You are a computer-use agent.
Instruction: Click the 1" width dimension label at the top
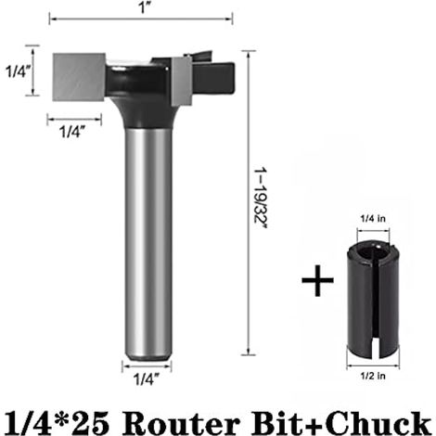[144, 7]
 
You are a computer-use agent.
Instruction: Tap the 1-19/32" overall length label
[261, 198]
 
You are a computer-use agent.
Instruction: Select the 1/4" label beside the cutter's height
[18, 71]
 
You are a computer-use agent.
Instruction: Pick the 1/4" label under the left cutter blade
[71, 132]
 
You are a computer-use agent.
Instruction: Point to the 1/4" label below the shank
[147, 378]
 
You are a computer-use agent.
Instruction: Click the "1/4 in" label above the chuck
[373, 219]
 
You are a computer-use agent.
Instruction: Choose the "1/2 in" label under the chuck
[373, 376]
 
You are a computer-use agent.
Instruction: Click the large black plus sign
[317, 280]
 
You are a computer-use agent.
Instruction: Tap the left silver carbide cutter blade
[79, 77]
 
